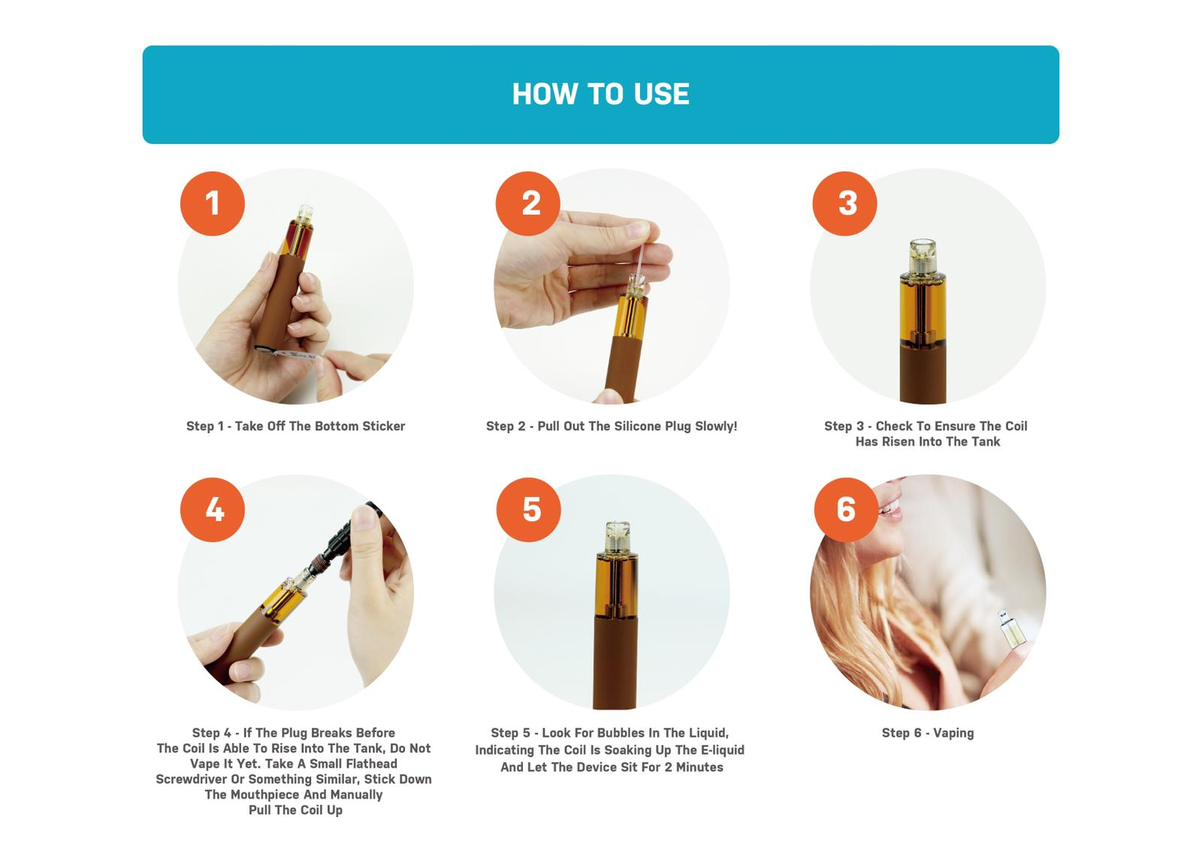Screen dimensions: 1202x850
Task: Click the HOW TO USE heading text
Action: pos(600,95)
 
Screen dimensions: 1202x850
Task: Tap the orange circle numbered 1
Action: pos(213,203)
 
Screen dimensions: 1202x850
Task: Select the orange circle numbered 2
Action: pos(528,203)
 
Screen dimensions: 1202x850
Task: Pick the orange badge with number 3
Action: pos(844,203)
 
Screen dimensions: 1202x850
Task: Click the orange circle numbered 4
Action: pos(213,509)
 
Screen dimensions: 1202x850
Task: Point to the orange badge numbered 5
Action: pos(529,509)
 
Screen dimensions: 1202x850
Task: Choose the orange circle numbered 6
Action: pos(846,509)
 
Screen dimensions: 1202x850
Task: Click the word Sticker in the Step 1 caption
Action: pos(383,427)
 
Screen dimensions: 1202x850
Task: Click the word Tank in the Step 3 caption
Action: pos(986,442)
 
